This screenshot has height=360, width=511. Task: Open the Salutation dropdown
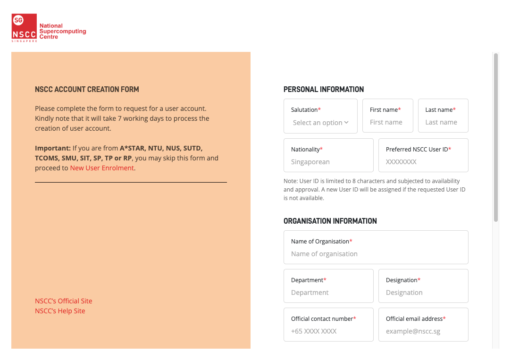(x=320, y=123)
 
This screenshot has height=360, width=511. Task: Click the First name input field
(x=387, y=122)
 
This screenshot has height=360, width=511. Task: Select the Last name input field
(x=443, y=122)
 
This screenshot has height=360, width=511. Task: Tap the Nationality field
(x=328, y=162)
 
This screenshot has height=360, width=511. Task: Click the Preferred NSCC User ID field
(x=423, y=162)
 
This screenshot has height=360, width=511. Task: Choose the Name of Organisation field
(x=376, y=254)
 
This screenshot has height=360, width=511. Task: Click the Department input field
(x=328, y=293)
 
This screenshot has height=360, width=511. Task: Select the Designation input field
(x=423, y=293)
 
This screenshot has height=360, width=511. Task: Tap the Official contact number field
(x=328, y=331)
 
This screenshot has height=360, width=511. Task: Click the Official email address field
(x=423, y=331)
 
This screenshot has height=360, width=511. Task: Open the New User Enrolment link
(x=102, y=168)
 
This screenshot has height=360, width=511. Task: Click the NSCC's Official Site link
(x=64, y=301)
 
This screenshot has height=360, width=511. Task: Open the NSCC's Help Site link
(x=60, y=311)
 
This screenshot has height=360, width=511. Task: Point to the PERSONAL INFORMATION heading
(x=324, y=89)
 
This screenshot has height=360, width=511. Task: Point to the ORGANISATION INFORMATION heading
(x=330, y=221)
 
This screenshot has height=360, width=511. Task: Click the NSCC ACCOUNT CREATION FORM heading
(x=87, y=89)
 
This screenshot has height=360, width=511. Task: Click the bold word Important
(x=53, y=148)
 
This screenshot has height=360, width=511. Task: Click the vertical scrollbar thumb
(x=496, y=137)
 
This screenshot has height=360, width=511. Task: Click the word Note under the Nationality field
(x=290, y=181)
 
